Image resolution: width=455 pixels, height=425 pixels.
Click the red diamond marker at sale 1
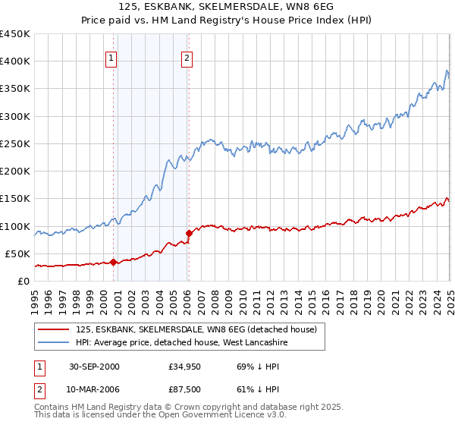(114, 263)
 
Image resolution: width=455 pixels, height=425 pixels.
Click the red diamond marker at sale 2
(189, 233)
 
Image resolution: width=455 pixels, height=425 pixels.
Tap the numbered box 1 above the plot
(111, 57)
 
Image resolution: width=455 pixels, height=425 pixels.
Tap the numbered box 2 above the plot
(187, 57)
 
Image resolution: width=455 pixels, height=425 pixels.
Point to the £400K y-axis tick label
(15, 61)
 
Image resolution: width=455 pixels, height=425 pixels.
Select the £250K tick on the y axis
(15, 143)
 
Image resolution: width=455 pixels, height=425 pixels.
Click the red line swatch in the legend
(53, 329)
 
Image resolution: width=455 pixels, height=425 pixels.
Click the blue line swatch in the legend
(53, 343)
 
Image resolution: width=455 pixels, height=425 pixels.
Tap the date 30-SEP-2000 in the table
(94, 367)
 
